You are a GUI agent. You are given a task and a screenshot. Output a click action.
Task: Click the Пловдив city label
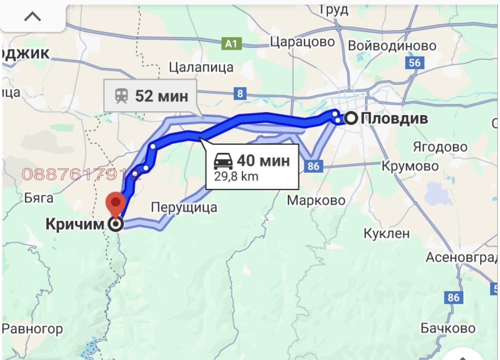pos(394,118)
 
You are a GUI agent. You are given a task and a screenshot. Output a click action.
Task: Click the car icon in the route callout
pos(224,161)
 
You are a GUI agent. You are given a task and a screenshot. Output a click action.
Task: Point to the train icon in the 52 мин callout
pos(122,96)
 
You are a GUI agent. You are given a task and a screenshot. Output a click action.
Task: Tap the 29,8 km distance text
pos(236,177)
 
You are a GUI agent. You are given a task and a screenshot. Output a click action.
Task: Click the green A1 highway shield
pos(231,44)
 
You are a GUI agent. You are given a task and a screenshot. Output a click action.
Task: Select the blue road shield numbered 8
pos(240,93)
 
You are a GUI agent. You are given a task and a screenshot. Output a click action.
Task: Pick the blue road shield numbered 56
pos(414,63)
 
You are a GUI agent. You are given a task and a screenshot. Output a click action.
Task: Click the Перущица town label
pos(184,208)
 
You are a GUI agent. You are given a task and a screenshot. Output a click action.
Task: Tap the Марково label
pos(316,201)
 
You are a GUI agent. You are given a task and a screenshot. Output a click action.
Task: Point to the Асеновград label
pos(461,257)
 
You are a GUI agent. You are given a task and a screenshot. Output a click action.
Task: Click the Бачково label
pos(448,329)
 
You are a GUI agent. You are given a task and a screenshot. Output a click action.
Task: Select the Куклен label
pos(386,234)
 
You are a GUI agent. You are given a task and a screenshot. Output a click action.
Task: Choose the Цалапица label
pos(201,68)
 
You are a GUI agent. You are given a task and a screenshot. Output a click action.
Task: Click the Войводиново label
pos(392,46)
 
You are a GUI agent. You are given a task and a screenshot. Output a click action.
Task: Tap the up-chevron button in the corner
pos(33,17)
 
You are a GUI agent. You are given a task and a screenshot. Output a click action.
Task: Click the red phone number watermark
pos(81,175)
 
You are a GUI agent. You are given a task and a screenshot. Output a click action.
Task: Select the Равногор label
pos(33,329)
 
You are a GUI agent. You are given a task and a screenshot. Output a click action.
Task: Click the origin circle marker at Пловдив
pos(351,118)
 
